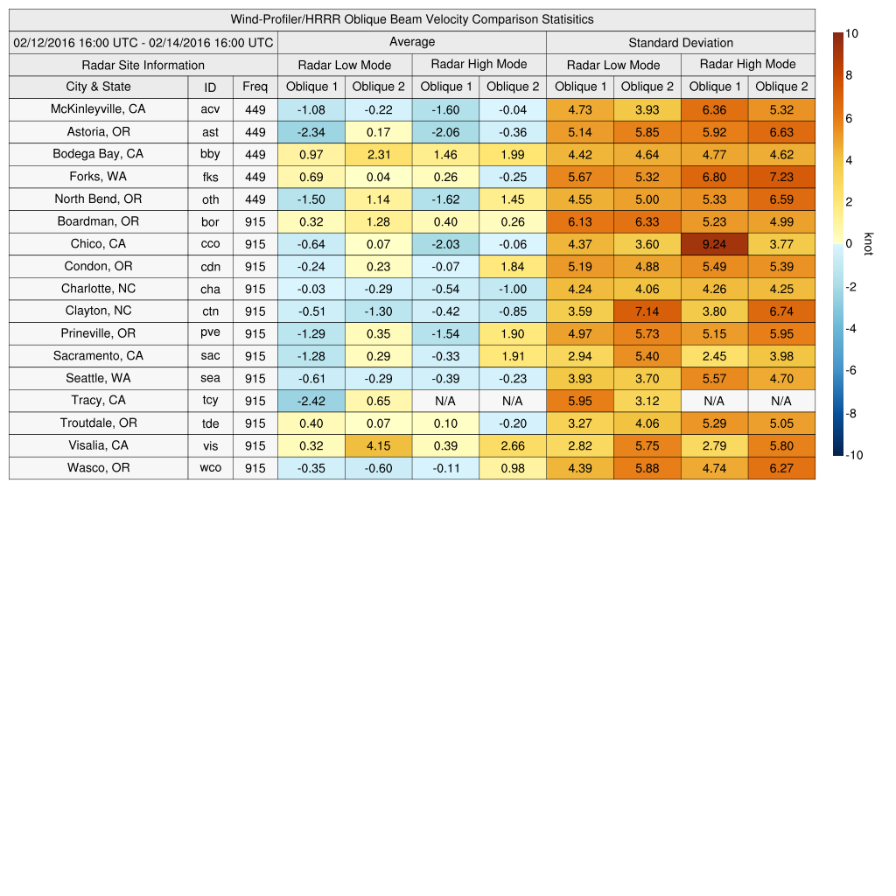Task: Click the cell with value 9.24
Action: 714,244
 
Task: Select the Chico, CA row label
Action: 98,243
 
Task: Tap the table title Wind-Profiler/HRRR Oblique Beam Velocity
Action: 411,19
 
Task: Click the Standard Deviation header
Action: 681,43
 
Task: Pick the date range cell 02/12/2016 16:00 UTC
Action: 143,43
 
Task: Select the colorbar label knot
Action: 868,244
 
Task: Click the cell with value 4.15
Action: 378,445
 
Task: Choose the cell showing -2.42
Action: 311,401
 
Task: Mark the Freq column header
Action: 255,87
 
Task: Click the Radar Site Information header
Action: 143,65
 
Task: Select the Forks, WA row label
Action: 98,176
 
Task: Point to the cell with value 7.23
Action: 781,177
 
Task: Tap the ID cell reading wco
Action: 210,468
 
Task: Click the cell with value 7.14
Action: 647,311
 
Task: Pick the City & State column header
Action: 98,87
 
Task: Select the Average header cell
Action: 411,42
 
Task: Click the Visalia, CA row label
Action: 98,445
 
